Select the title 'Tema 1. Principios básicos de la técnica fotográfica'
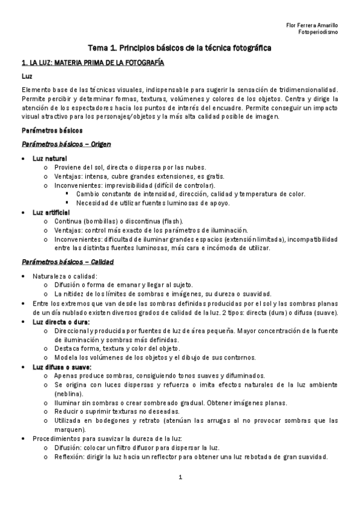(x=180, y=47)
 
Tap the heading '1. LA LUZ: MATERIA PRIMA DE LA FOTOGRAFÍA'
(x=93, y=63)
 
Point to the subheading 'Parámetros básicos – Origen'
(x=66, y=144)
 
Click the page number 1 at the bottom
(x=180, y=478)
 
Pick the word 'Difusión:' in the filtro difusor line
(x=69, y=448)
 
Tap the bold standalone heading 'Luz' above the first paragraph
(x=27, y=77)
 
